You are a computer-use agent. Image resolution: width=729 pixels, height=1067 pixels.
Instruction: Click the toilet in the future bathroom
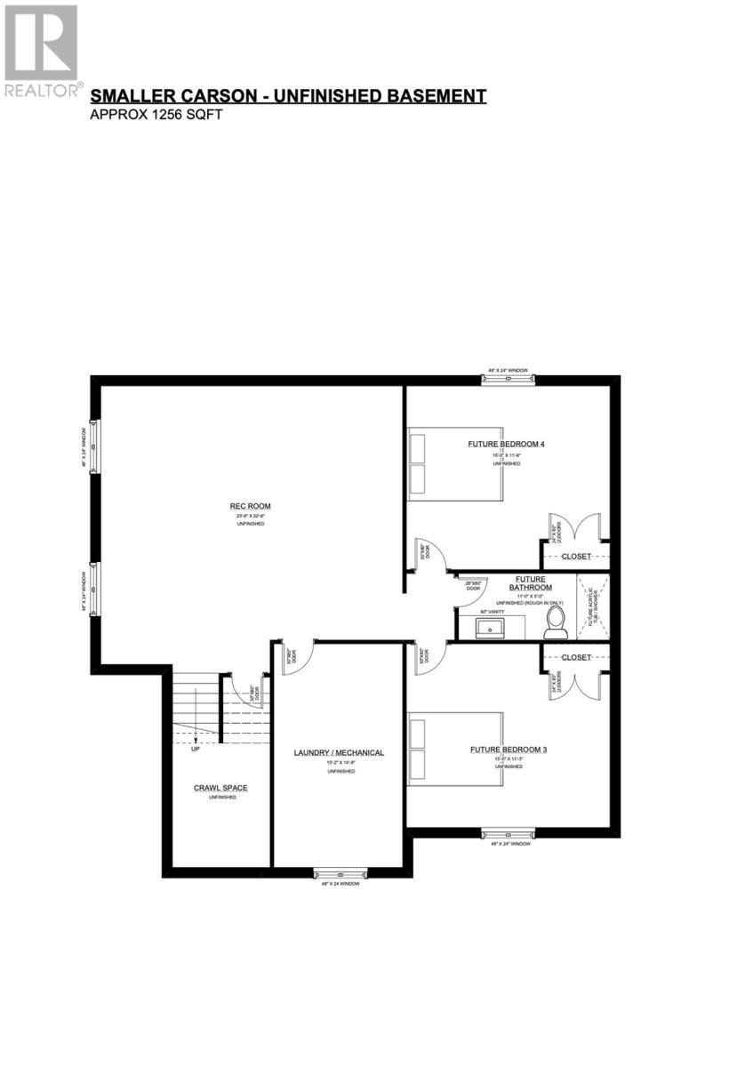pos(556,620)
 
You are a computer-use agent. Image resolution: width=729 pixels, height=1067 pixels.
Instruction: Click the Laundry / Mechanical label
pos(339,753)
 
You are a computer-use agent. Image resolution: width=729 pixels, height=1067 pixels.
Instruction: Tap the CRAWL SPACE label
pos(220,788)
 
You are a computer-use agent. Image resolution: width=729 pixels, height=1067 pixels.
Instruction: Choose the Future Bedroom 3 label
pos(509,750)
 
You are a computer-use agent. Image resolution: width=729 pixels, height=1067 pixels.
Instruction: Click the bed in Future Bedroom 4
pos(455,464)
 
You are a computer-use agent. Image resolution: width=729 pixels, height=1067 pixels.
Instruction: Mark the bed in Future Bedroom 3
pos(455,749)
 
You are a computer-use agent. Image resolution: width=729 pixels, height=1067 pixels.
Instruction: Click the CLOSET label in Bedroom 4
pos(575,557)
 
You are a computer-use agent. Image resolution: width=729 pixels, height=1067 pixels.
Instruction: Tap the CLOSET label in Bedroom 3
pos(575,657)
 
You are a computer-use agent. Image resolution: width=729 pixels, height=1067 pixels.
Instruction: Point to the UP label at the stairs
pos(195,749)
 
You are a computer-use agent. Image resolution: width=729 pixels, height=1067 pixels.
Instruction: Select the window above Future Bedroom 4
pos(509,379)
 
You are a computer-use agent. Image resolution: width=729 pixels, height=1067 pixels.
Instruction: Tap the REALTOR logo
pos(41,49)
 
